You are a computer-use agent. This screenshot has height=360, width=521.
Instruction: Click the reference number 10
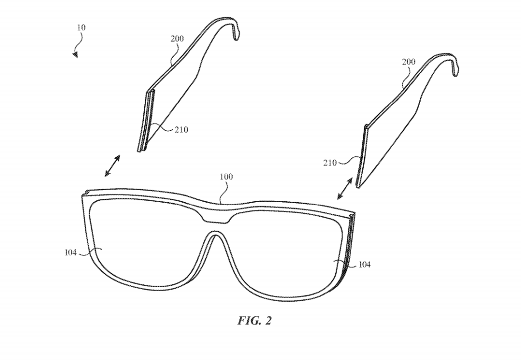coord(81,28)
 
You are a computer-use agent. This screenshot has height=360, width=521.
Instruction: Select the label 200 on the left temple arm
coord(177,39)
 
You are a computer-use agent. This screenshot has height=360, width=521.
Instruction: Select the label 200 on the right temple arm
coord(409,62)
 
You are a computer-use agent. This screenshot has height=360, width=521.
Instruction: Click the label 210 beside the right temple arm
coord(330,163)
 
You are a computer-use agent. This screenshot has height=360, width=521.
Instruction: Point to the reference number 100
coord(226,177)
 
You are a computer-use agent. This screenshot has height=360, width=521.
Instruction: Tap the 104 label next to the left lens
coord(71,252)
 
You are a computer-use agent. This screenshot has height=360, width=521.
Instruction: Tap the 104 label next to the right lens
coord(365,264)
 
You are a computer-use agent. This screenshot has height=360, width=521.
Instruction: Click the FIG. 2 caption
coord(254,321)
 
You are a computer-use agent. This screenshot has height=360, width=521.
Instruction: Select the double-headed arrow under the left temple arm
coord(112,166)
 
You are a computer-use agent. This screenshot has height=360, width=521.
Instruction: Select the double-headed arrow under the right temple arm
coord(344,188)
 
